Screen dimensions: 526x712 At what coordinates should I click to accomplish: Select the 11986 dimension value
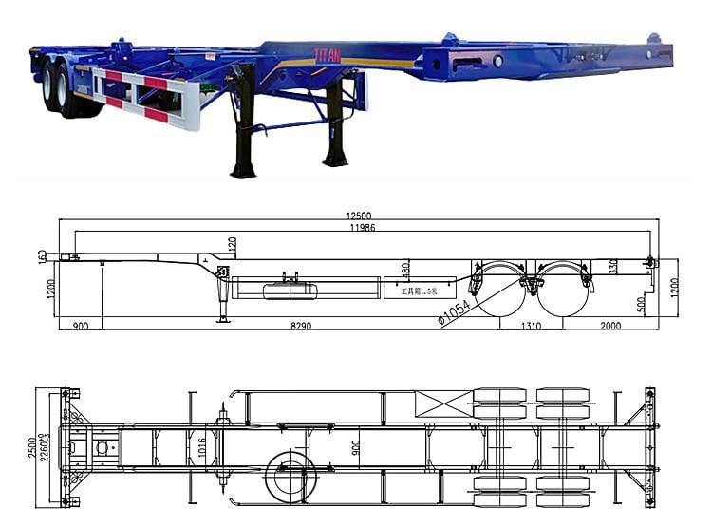point(358,228)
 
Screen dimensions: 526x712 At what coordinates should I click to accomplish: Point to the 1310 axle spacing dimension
point(531,326)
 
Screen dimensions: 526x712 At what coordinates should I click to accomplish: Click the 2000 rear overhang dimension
point(609,326)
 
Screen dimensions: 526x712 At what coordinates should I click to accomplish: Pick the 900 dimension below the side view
point(80,326)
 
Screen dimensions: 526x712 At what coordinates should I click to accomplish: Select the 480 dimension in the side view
point(405,270)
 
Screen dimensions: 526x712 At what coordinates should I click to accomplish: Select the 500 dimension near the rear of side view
point(642,304)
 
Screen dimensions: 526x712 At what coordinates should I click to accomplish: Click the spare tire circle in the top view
point(290,476)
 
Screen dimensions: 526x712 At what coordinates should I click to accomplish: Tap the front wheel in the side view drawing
point(499,290)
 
